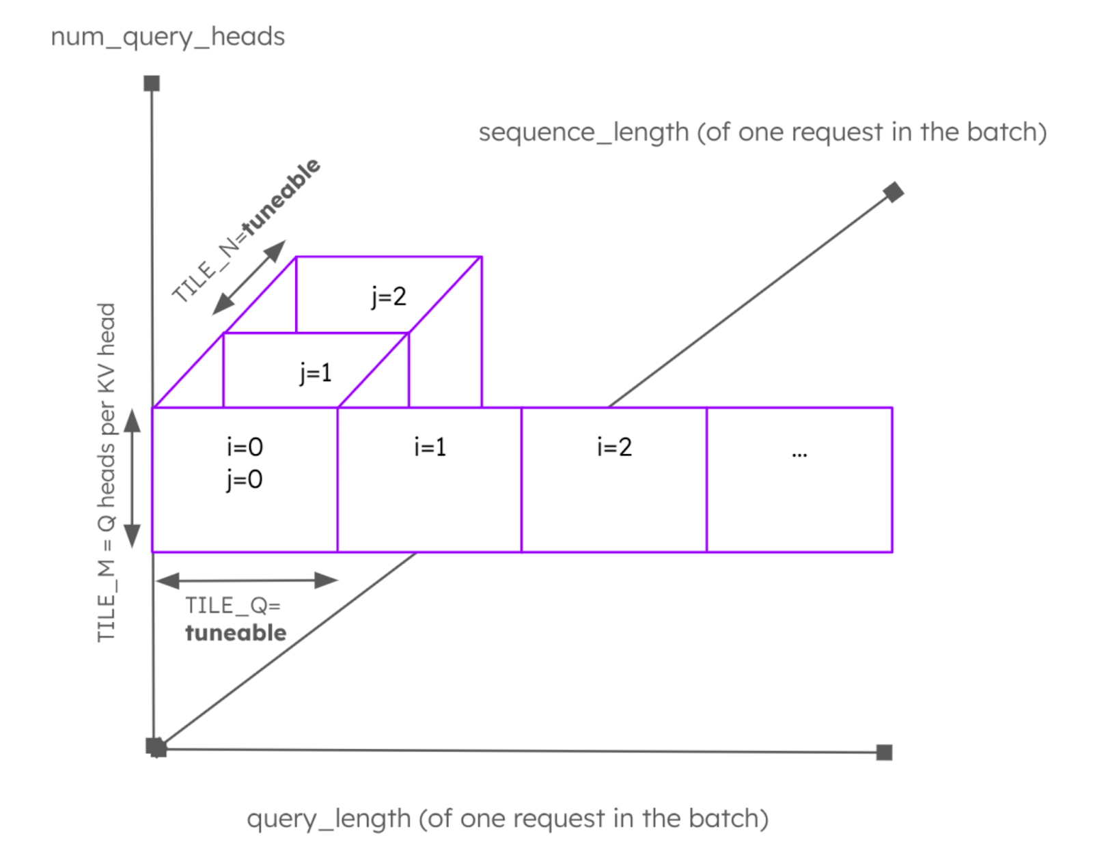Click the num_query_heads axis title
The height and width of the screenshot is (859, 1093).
click(167, 37)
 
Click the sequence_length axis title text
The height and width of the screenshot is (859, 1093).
click(762, 132)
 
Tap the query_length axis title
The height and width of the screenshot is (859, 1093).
click(508, 818)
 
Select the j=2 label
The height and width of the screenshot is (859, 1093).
click(389, 296)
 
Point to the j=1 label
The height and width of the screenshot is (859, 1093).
click(315, 373)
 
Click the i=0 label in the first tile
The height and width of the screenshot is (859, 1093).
click(245, 447)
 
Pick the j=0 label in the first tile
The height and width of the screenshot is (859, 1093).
click(245, 479)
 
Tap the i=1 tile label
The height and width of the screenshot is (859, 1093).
click(430, 447)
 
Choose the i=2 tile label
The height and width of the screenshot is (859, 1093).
click(614, 447)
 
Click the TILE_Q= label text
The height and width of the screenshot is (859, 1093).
click(232, 606)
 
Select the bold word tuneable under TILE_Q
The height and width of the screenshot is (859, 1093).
click(236, 633)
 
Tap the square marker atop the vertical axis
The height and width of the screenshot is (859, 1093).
click(152, 83)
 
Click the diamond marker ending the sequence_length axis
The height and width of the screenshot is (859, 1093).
click(893, 193)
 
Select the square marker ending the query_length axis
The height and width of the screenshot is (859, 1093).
click(884, 752)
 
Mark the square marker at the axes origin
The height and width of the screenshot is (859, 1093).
click(156, 747)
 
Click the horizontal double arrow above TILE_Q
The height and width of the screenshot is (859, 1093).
click(247, 580)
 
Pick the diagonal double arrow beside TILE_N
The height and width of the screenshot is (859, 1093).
click(249, 277)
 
